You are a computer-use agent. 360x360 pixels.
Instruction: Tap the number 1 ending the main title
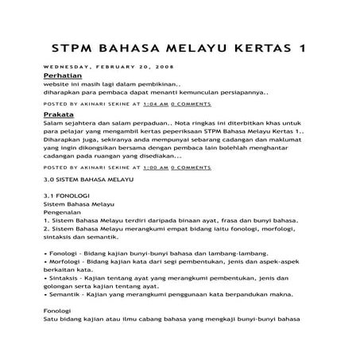[x=301, y=48]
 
